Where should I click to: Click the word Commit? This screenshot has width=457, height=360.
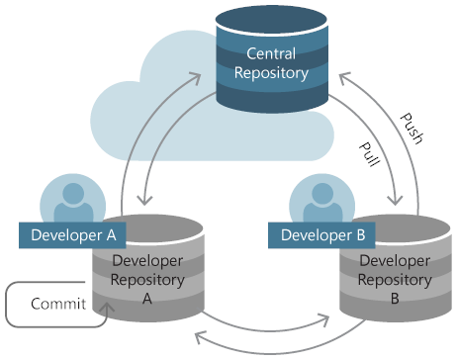(56, 304)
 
